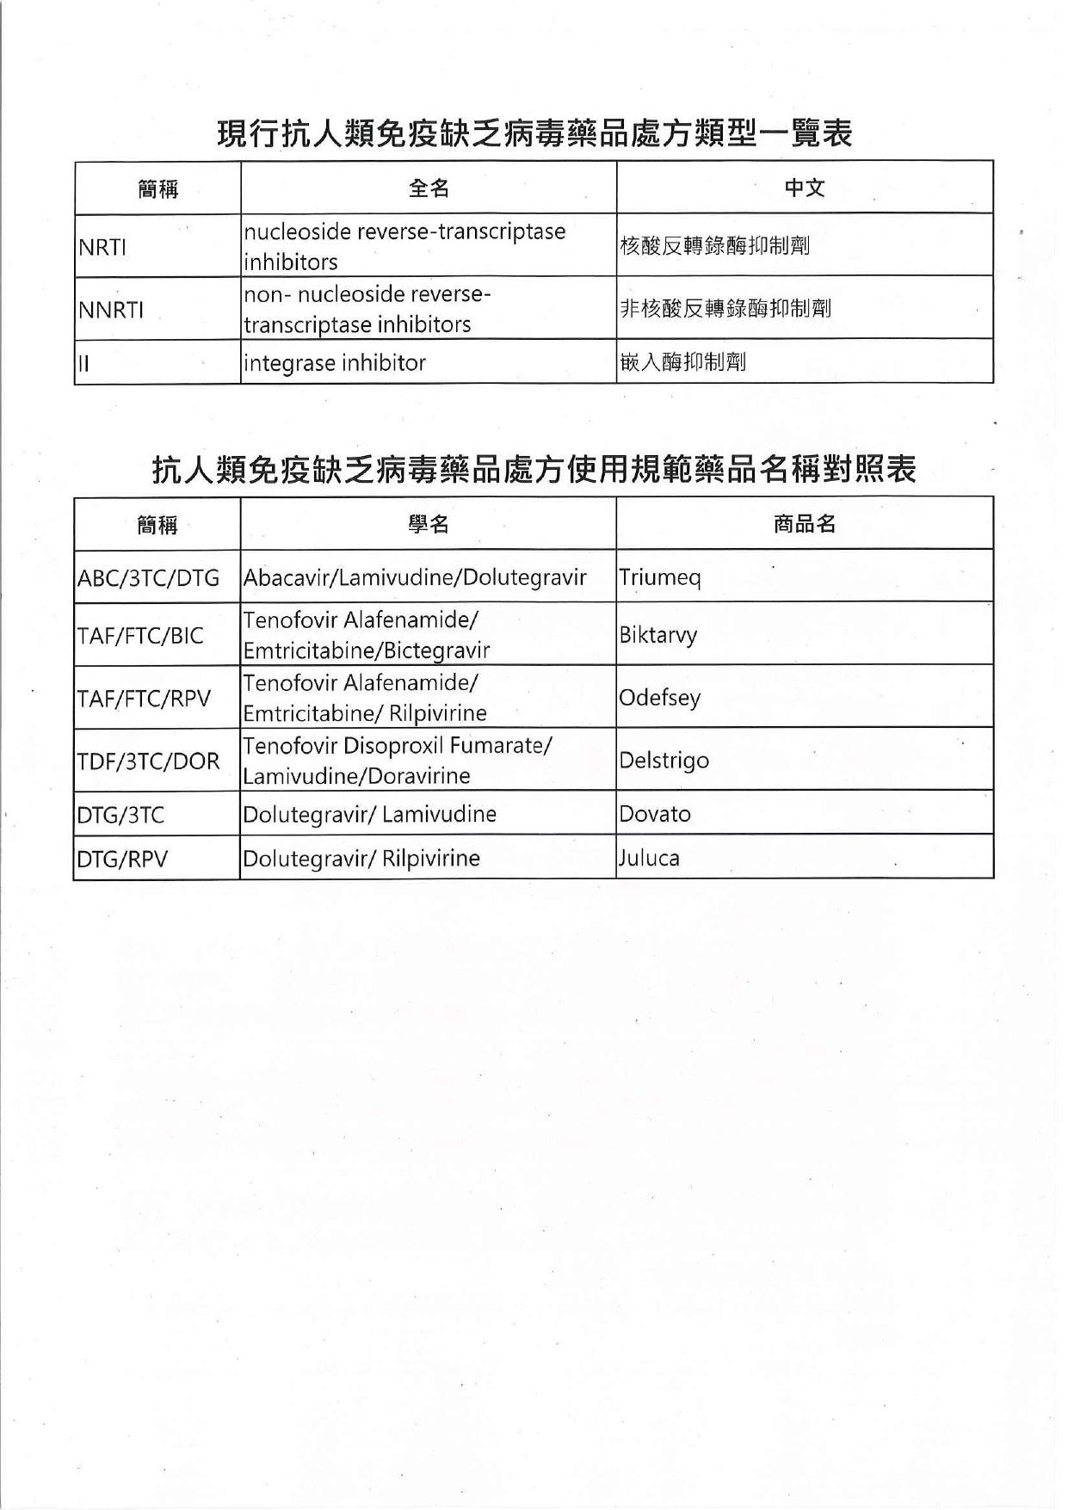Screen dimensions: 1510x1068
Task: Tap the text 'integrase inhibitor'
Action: [x=335, y=363]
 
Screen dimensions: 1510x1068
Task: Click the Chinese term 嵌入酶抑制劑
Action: [x=682, y=362]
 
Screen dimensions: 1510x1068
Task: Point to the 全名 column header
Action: [x=429, y=188]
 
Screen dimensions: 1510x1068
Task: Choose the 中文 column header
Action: [x=805, y=188]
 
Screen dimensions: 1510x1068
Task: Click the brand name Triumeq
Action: [x=660, y=576]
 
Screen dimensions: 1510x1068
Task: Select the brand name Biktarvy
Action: [x=658, y=635]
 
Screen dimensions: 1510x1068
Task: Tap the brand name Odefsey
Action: [x=660, y=697]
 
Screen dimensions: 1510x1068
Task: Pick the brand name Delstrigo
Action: [x=664, y=761]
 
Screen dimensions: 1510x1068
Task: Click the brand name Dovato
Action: [x=655, y=814]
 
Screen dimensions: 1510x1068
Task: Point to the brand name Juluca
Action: [x=649, y=858]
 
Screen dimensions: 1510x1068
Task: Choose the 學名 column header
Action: [x=429, y=524]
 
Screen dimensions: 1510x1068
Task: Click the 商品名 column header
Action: [x=805, y=524]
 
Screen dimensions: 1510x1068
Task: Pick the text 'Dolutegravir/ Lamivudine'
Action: [x=370, y=814]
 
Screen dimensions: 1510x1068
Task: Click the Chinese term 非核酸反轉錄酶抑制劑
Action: [x=725, y=308]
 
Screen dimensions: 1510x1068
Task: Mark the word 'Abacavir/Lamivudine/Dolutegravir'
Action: [x=415, y=577]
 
